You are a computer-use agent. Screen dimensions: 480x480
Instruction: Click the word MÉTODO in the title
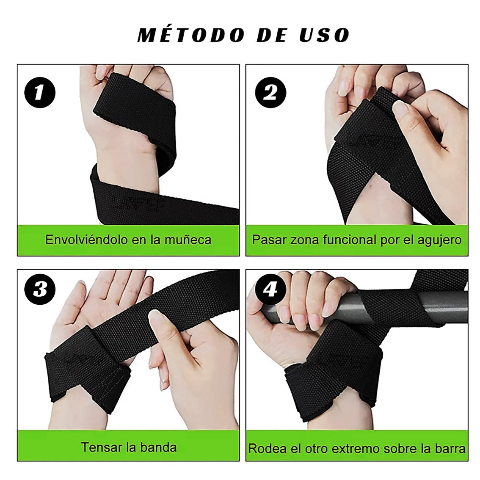click(191, 35)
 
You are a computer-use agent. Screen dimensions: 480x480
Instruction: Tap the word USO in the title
click(325, 35)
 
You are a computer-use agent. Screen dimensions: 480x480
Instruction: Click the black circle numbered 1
click(40, 92)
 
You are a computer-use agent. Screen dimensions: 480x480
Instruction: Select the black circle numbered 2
click(270, 92)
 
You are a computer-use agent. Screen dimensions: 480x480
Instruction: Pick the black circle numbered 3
click(40, 290)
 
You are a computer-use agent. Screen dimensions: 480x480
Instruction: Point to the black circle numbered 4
click(270, 290)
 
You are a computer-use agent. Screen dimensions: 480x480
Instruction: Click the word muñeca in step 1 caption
click(188, 240)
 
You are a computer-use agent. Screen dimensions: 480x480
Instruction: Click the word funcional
click(340, 240)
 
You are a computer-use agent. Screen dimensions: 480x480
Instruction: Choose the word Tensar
click(100, 447)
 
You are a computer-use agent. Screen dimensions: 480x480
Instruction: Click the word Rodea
click(265, 449)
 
